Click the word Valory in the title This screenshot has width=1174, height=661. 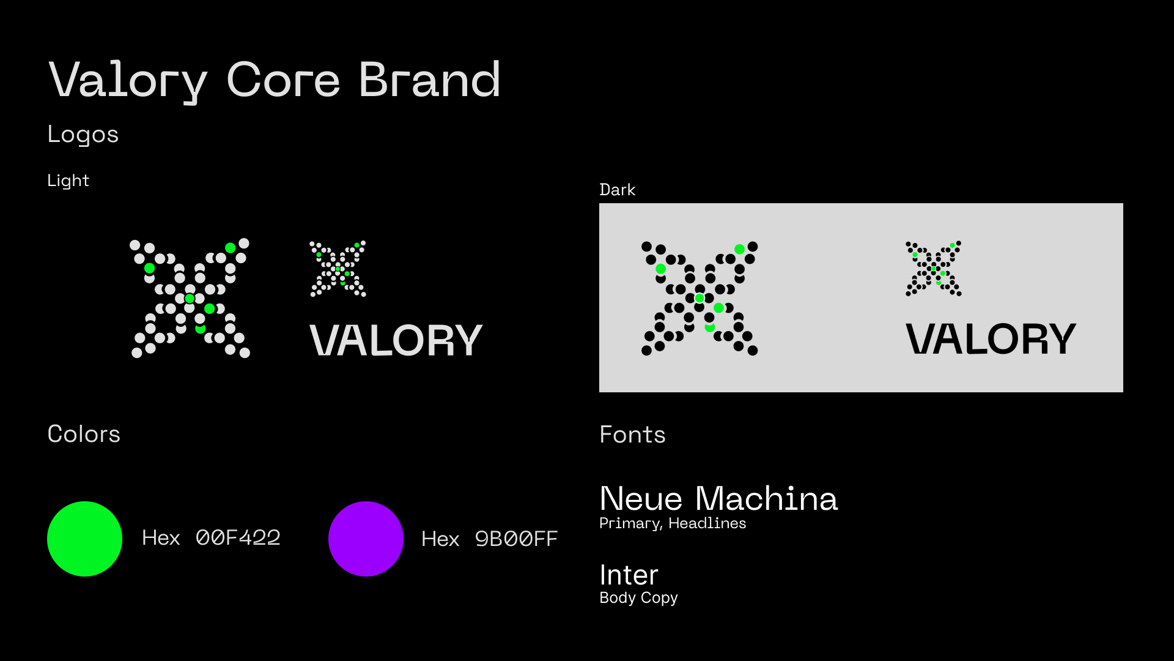click(128, 80)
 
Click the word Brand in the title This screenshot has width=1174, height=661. click(429, 80)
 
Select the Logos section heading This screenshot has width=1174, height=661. click(83, 135)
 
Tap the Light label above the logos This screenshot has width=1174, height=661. click(68, 181)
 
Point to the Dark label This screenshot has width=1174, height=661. click(617, 190)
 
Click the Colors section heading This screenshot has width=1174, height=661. click(84, 434)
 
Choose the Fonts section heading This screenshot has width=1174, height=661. click(632, 435)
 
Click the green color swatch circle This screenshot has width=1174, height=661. click(84, 539)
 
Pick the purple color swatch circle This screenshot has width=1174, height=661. click(366, 539)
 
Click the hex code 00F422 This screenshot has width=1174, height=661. click(238, 537)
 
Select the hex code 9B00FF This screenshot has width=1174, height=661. click(516, 539)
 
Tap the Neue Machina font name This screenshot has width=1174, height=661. click(718, 498)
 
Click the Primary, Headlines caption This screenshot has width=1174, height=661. click(673, 523)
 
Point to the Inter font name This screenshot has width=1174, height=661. click(629, 575)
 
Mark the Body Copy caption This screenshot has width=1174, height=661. click(638, 597)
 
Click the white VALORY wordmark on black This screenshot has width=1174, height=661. click(396, 340)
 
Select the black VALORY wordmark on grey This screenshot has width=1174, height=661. click(991, 339)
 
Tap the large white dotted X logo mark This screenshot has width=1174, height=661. click(190, 298)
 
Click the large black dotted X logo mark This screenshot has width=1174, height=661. click(700, 298)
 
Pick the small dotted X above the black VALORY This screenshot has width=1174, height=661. click(934, 269)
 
